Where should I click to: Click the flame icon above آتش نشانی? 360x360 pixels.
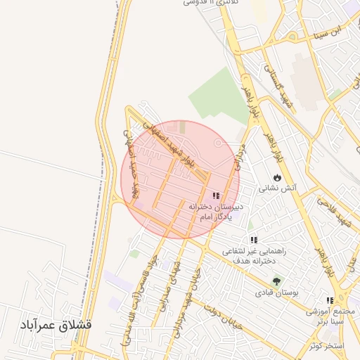278,177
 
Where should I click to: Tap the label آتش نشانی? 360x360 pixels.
278,188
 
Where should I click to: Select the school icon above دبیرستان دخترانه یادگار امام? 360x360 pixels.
216,195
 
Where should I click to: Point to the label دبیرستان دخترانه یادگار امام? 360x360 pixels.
216,213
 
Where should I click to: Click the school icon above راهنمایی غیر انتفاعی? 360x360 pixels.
253,240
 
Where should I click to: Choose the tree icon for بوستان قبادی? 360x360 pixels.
276,281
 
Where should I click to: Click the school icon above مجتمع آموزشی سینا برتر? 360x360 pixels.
330,301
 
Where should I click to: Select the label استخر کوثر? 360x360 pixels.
325,346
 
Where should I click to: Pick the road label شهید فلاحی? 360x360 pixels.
334,212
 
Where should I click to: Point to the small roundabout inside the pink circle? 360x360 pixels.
218,143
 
